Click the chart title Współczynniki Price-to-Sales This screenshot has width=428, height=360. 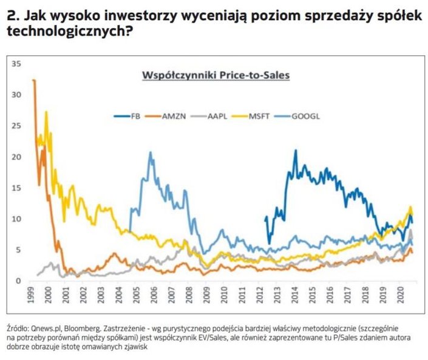[215, 76]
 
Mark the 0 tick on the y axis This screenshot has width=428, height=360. [18, 280]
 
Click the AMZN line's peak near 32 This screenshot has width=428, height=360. [34, 81]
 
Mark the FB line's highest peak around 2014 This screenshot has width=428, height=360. [295, 151]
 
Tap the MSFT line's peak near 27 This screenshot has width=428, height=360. [46, 112]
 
